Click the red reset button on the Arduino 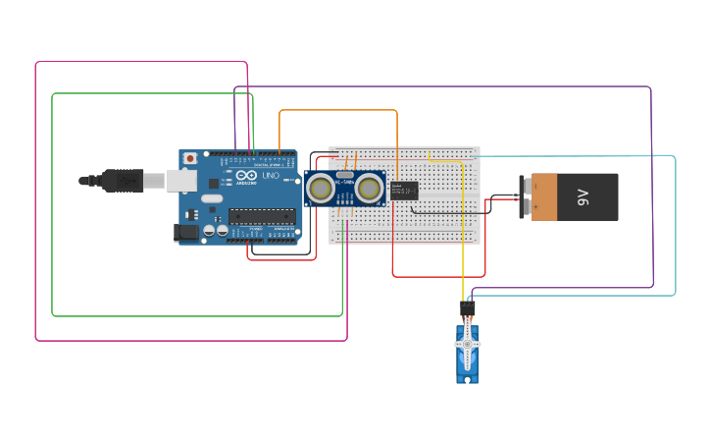(189, 157)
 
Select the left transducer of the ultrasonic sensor (320, 187)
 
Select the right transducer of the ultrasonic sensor (369, 187)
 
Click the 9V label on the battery (583, 196)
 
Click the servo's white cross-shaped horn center (468, 344)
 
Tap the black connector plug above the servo (468, 309)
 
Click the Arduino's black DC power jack (186, 233)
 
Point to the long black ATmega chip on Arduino (261, 215)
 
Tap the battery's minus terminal (526, 186)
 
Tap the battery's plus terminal (526, 207)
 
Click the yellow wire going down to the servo (464, 246)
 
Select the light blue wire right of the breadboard (675, 226)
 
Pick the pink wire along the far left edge (36, 196)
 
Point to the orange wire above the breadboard (338, 111)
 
